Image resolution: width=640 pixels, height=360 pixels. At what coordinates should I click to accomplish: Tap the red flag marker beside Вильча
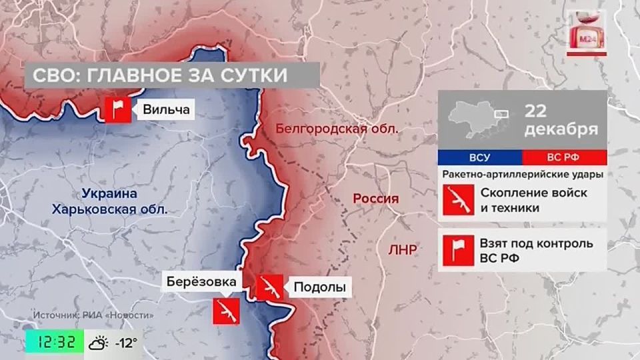118,109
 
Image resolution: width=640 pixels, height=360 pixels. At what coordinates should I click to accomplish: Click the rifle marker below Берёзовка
225,311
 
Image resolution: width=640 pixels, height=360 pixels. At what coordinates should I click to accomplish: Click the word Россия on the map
375,199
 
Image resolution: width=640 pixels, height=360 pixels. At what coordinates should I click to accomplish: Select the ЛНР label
401,250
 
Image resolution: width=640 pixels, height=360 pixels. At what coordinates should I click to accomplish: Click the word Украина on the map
110,194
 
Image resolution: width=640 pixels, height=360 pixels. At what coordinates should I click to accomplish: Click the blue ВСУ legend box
480,158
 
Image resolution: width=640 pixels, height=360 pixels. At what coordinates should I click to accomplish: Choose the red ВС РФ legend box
564,158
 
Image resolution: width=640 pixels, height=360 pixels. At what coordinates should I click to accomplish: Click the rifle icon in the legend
459,200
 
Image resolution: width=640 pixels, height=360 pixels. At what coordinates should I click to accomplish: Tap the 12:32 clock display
55,343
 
